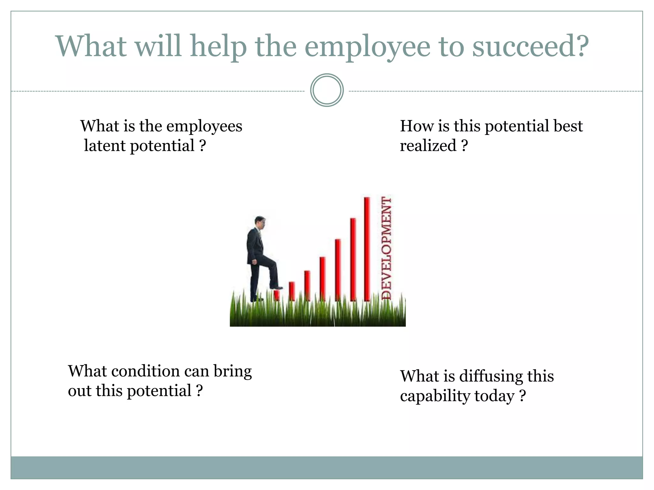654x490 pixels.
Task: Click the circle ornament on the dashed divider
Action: (x=327, y=90)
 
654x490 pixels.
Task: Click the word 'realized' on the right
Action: (x=428, y=146)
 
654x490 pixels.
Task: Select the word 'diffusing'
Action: (x=491, y=377)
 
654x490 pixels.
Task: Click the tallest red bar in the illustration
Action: (x=367, y=249)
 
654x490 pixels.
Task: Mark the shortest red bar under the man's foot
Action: (x=277, y=295)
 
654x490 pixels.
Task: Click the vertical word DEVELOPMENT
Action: (x=386, y=248)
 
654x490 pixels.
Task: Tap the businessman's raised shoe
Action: (x=276, y=287)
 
